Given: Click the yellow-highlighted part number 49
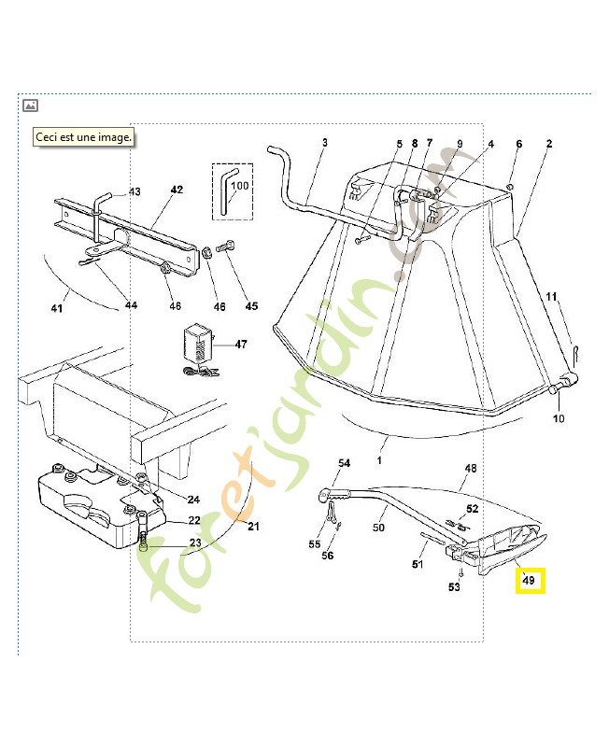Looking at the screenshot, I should point(529,582).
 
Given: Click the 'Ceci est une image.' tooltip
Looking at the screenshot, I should point(83,136).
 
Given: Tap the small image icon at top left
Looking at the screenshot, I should point(30,106).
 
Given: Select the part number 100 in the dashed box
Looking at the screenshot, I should point(239,186).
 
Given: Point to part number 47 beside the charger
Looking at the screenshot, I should point(241,345).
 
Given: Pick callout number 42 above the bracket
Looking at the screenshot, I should point(177,190).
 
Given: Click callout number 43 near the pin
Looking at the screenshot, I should point(135,192).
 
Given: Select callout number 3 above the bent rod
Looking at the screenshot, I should point(325,143).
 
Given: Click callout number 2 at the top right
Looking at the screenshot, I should point(549,144).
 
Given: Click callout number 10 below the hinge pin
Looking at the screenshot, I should point(559,418).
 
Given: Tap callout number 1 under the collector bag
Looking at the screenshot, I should point(380,460).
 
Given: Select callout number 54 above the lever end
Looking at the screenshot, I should point(344,463).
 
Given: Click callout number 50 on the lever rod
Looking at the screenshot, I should point(378,528).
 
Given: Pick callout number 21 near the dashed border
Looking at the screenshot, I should point(253,526).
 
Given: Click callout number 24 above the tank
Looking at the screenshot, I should point(194,498).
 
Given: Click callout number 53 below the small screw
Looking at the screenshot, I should point(454,586).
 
